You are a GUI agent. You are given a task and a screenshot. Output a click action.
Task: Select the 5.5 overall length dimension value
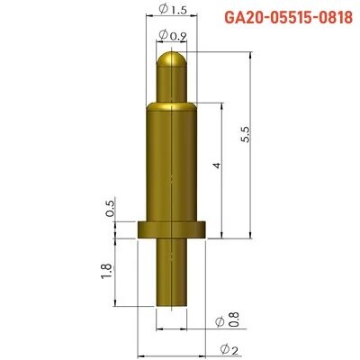245,136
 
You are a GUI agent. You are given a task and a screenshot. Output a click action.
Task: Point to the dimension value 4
213,169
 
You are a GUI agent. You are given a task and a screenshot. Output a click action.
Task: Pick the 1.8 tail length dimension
106,272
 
